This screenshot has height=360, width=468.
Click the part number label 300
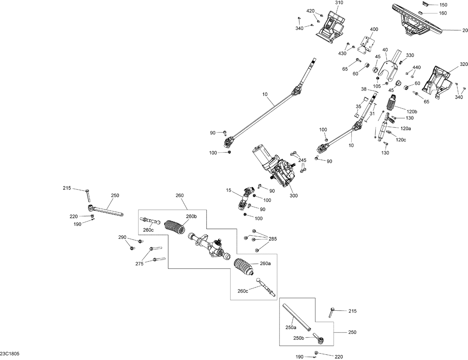(x=294, y=196)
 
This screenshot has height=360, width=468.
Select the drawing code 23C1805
(x=10, y=354)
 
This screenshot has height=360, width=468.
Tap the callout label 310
(x=339, y=3)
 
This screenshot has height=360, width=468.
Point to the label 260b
(x=191, y=216)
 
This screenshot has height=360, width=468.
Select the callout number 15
(x=229, y=190)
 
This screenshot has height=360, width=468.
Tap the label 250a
(x=290, y=328)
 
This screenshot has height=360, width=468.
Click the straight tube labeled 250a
(x=296, y=316)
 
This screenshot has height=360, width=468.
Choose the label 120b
(x=412, y=111)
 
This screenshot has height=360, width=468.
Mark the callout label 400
(x=374, y=29)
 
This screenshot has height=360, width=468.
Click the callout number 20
(x=465, y=30)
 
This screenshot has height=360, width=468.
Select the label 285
(x=272, y=239)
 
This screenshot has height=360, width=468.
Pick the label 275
(x=139, y=264)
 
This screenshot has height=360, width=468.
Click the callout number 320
(x=464, y=64)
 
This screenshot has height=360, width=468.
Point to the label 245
(x=302, y=160)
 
